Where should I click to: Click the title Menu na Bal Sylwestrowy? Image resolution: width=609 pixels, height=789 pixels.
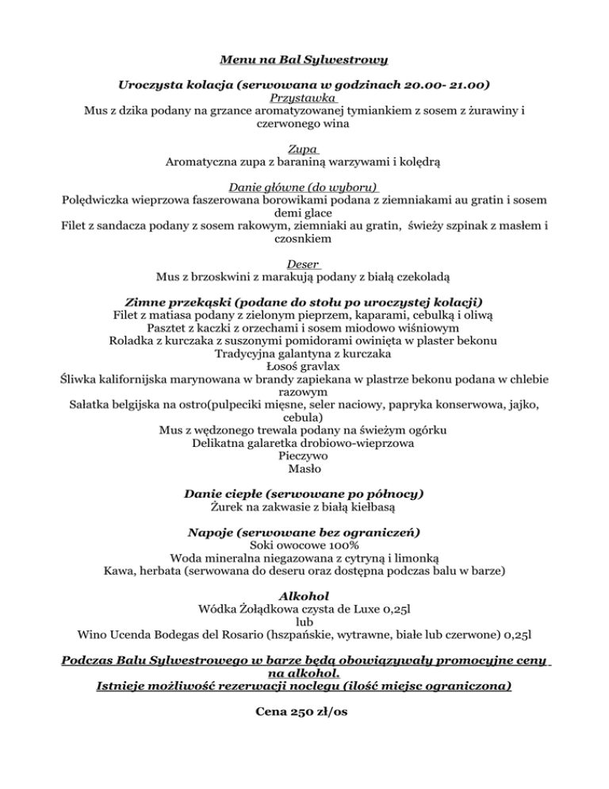point(304,59)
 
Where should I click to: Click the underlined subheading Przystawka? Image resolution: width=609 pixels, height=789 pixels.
point(304,98)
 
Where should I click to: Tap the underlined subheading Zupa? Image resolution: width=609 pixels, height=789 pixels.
point(304,148)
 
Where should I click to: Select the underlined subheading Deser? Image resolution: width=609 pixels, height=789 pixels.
point(304,264)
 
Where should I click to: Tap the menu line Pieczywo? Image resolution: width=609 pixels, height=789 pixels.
point(304,456)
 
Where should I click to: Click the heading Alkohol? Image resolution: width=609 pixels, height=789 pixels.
point(304,595)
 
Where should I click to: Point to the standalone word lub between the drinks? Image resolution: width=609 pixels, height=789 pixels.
point(304,622)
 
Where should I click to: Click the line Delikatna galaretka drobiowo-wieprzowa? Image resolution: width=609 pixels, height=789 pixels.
point(304,443)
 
